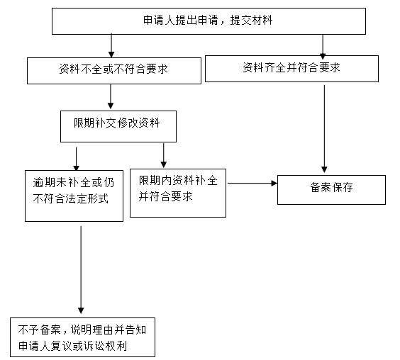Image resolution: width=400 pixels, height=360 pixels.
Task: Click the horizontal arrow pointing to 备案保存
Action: [x=252, y=183]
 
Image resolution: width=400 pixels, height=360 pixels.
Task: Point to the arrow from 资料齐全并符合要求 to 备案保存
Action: [x=324, y=129]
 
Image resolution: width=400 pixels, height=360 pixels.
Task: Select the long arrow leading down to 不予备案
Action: [x=81, y=270]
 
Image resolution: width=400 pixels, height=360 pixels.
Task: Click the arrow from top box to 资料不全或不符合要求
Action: [x=111, y=45]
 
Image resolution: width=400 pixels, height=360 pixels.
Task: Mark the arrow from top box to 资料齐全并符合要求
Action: [x=323, y=47]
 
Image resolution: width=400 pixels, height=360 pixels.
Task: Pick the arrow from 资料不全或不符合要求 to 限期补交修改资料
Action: [x=111, y=96]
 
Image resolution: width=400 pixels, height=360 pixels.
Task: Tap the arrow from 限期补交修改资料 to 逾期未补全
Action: [x=77, y=159]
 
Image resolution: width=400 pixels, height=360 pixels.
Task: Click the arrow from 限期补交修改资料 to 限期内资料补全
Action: [x=164, y=155]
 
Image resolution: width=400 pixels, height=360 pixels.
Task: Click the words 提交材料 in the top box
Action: [x=251, y=21]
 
